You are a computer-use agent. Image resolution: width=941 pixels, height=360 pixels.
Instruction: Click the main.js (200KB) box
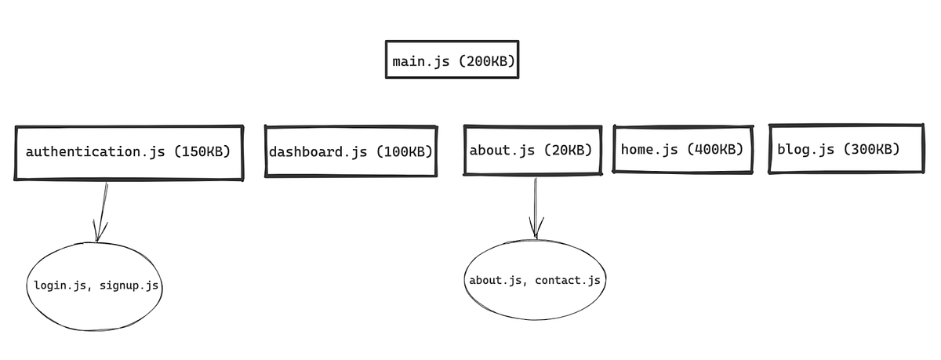(x=452, y=60)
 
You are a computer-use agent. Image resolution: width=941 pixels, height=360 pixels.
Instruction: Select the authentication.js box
(x=129, y=152)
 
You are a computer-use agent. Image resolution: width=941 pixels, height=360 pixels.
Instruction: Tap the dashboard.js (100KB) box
(x=351, y=151)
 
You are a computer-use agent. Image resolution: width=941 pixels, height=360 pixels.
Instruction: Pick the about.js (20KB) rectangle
(x=531, y=150)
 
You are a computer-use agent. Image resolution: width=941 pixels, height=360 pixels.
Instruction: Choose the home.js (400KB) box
(x=682, y=149)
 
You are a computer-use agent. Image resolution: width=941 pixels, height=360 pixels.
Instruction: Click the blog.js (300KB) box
(x=845, y=149)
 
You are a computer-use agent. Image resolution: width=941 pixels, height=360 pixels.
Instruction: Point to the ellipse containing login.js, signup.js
(x=96, y=286)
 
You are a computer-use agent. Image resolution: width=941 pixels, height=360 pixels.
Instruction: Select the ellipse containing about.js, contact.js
(x=535, y=280)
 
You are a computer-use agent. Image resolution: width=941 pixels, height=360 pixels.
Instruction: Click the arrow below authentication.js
(x=102, y=212)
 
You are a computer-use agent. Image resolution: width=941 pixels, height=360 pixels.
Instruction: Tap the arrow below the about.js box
(x=536, y=209)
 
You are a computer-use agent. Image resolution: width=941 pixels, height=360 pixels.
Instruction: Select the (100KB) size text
(x=404, y=151)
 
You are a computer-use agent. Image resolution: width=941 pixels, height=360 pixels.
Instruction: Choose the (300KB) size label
(x=870, y=149)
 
